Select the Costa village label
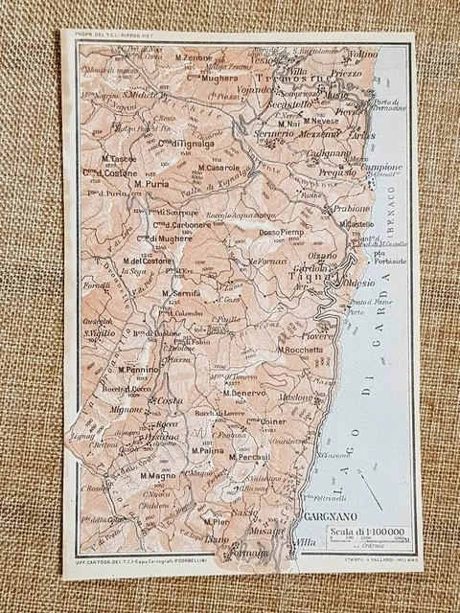coord(170,400)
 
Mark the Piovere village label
coord(317,336)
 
